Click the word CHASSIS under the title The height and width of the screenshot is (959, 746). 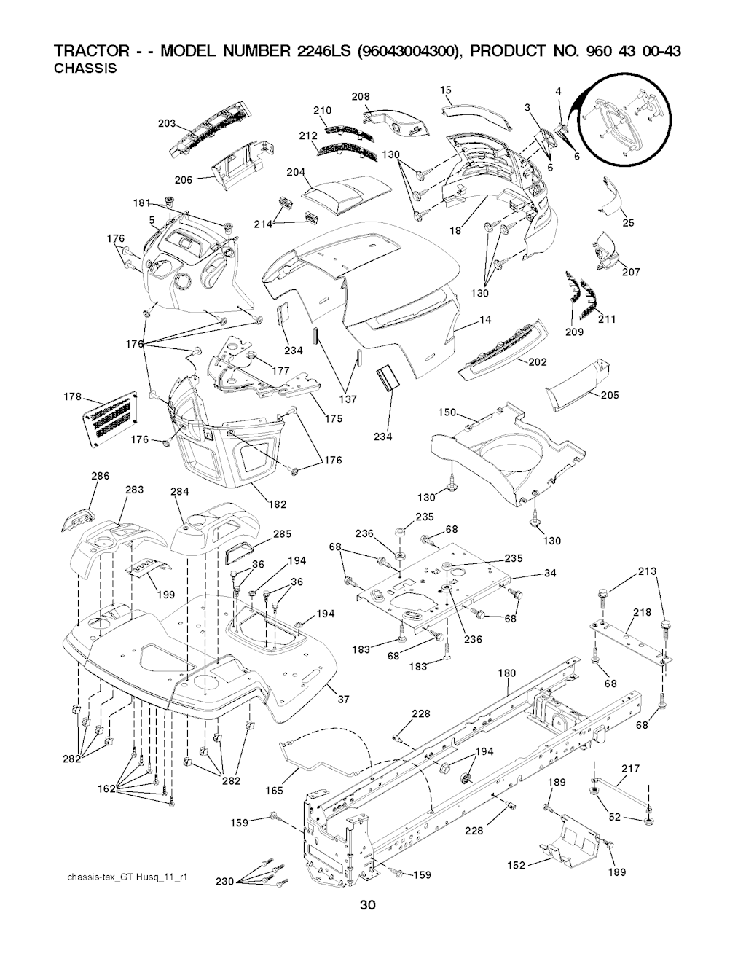tap(86, 69)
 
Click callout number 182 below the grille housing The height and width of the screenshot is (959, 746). tap(278, 504)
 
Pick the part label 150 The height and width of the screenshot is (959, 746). tap(447, 413)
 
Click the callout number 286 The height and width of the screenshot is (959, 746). tap(100, 476)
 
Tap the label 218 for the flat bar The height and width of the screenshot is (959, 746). tap(642, 612)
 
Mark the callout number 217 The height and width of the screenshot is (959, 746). tap(630, 769)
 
